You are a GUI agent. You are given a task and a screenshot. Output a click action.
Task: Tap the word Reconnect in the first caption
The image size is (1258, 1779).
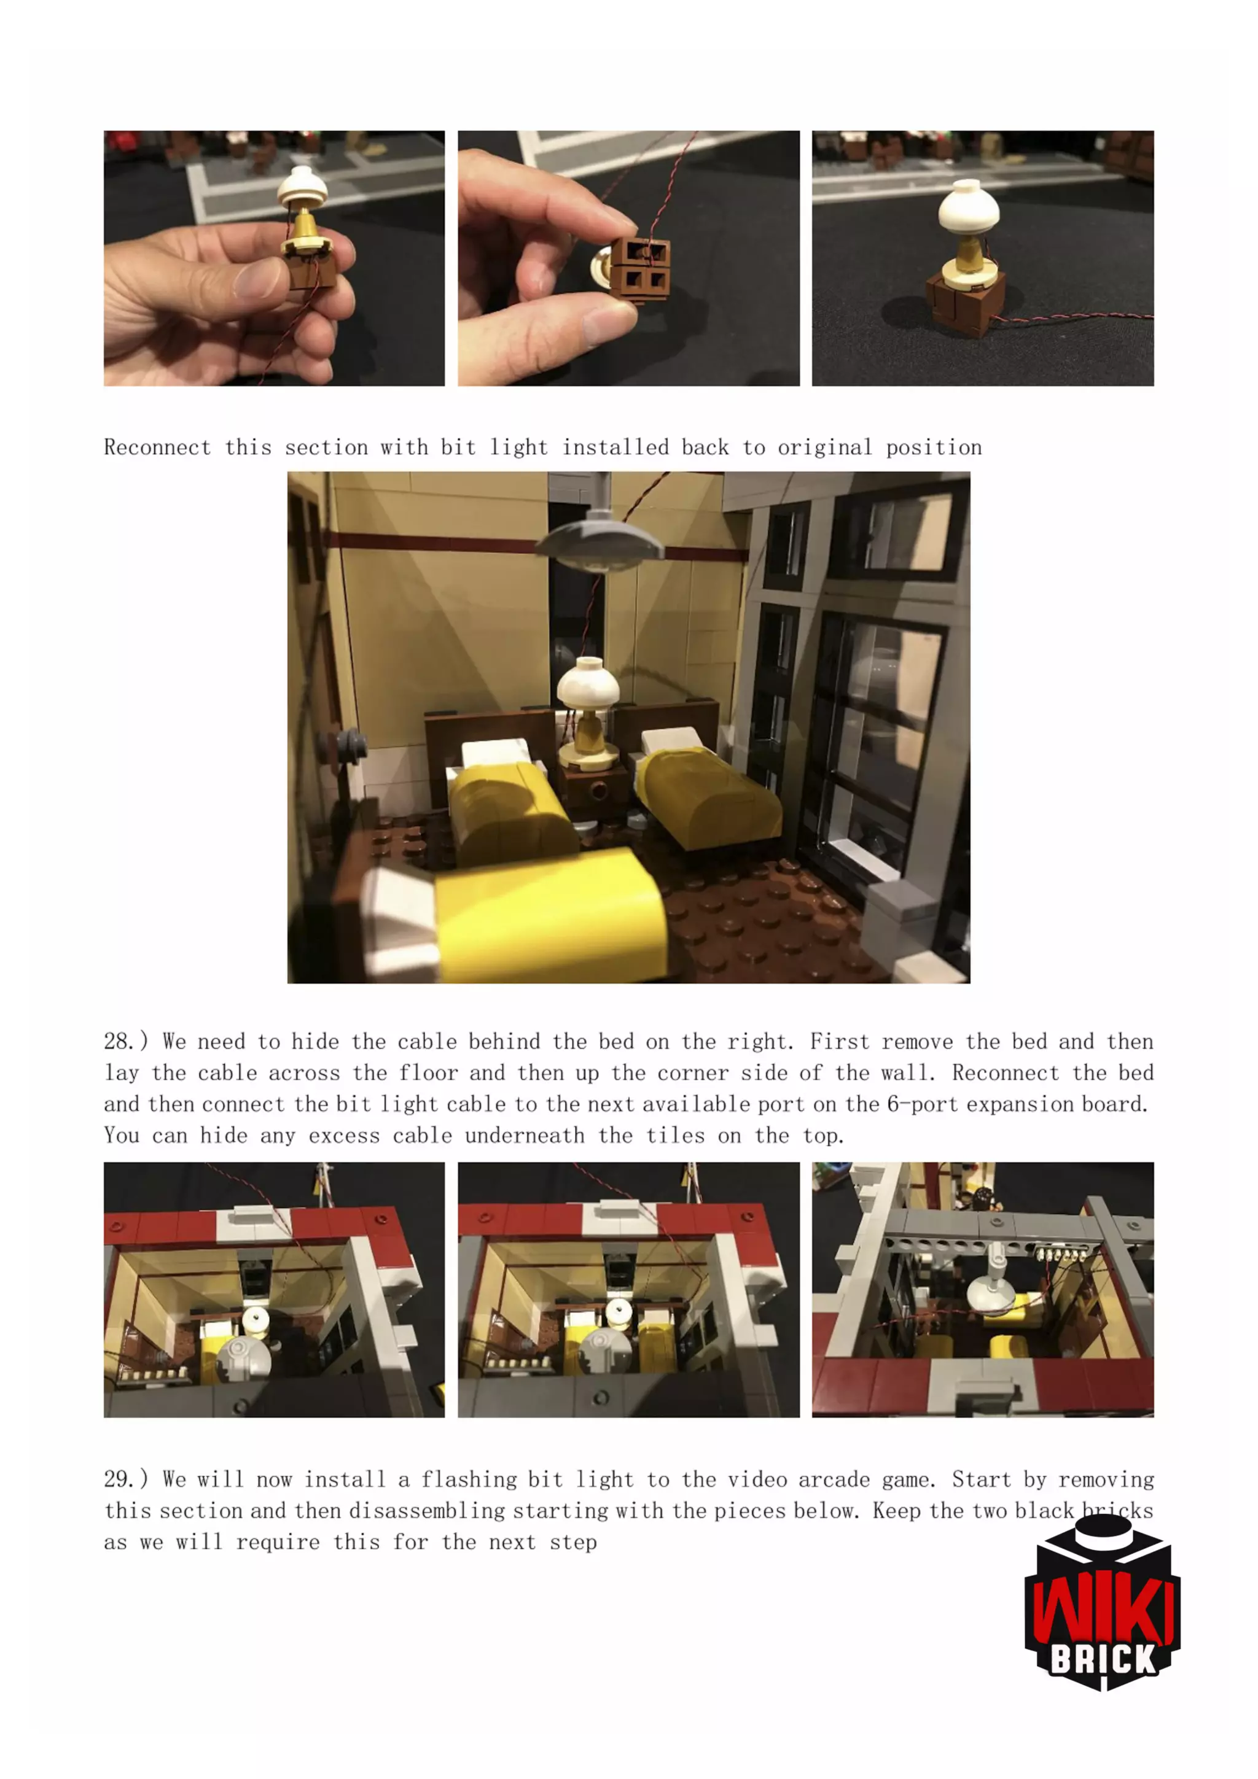[157, 447]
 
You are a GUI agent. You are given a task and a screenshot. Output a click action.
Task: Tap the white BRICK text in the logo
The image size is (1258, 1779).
[1103, 1660]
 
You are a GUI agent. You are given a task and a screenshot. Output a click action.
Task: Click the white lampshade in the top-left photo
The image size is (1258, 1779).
[302, 187]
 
